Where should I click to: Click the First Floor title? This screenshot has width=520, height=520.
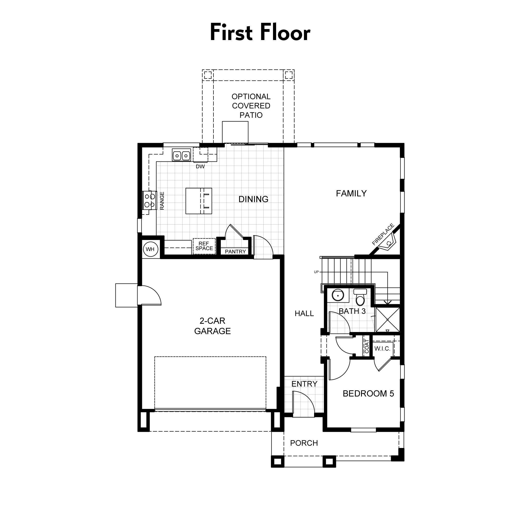(260, 32)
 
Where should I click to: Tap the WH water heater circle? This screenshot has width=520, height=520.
(150, 249)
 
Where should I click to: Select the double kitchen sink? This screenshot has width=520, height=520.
(181, 155)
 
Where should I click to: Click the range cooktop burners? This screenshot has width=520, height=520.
(150, 200)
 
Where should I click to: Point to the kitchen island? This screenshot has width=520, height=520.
(199, 201)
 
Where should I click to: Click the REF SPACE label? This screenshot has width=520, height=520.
(204, 246)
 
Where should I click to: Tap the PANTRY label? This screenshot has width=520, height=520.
(235, 251)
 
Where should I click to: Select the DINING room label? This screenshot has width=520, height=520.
(253, 199)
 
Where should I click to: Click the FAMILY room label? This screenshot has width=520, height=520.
(351, 193)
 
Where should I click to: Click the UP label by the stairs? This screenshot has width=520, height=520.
(316, 272)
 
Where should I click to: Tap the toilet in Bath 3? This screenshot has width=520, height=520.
(360, 297)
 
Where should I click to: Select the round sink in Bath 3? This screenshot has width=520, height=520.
(338, 295)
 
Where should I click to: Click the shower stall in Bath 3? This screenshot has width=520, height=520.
(388, 320)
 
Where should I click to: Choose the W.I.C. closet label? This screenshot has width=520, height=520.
(382, 349)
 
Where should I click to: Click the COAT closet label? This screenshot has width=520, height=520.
(367, 346)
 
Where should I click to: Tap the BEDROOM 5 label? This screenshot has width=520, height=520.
(368, 393)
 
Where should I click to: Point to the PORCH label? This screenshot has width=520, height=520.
(304, 443)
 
